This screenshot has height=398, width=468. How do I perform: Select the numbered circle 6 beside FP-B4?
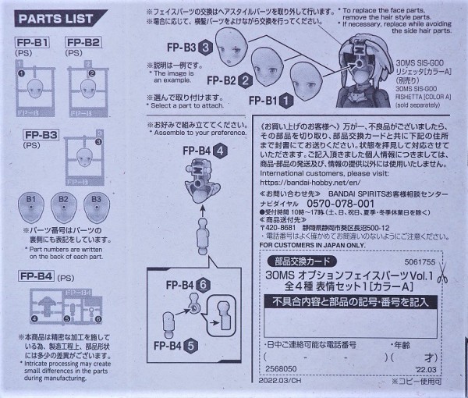[204, 284]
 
